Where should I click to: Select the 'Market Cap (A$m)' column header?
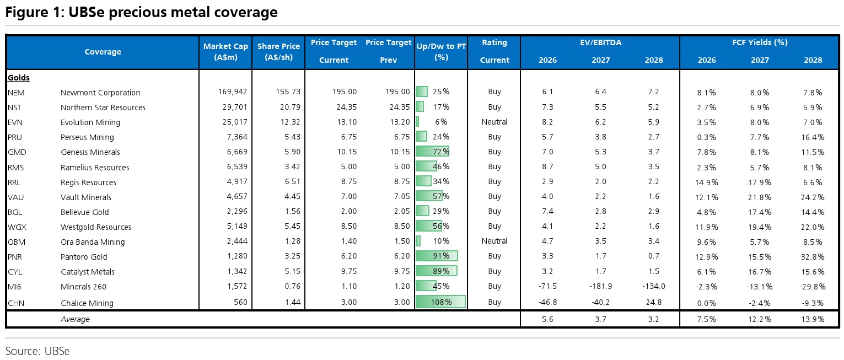225,52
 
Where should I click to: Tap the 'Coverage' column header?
103,52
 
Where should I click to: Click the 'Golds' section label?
18,78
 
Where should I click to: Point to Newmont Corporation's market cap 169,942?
233,92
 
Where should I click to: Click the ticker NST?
14,108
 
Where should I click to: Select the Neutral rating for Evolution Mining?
494,122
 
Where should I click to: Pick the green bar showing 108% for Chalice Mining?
440,302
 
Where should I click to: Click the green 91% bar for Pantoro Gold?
437,256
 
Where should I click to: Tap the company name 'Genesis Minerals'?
90,152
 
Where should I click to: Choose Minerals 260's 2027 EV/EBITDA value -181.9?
600,286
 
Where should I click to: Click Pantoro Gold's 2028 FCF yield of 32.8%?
813,257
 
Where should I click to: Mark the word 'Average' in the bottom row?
75,319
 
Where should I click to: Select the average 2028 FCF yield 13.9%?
813,319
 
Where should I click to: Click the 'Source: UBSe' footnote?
37,351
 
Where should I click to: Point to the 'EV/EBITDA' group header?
600,42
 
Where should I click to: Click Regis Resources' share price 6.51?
293,182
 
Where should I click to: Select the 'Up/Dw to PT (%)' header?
441,52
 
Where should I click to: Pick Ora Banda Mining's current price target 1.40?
349,241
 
